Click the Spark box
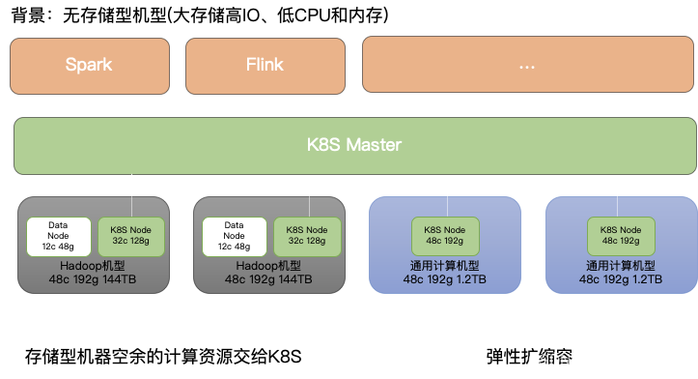89,66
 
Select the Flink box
265,66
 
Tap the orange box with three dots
527,66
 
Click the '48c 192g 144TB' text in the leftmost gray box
93,279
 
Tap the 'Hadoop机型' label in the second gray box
268,266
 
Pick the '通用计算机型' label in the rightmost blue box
621,266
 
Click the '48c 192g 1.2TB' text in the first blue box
445,279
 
